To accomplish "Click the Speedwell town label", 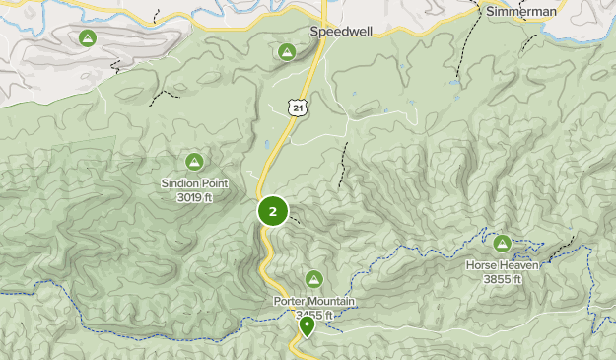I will pyautogui.click(x=341, y=31).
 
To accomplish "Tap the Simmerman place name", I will pyautogui.click(x=521, y=11).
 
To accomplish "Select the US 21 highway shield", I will pyautogui.click(x=297, y=106).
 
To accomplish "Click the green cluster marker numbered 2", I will pyautogui.click(x=273, y=211).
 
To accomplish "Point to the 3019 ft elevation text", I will pyautogui.click(x=195, y=197).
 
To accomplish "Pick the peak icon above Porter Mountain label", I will pyautogui.click(x=314, y=279).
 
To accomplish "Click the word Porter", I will pyautogui.click(x=290, y=301).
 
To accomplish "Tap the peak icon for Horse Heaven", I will pyautogui.click(x=503, y=243).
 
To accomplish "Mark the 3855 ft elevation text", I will pyautogui.click(x=503, y=279).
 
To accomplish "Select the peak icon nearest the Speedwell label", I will pyautogui.click(x=287, y=51).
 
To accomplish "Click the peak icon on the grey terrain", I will pyautogui.click(x=87, y=37).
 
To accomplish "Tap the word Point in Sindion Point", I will pyautogui.click(x=214, y=183).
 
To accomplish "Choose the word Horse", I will pyautogui.click(x=481, y=265).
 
